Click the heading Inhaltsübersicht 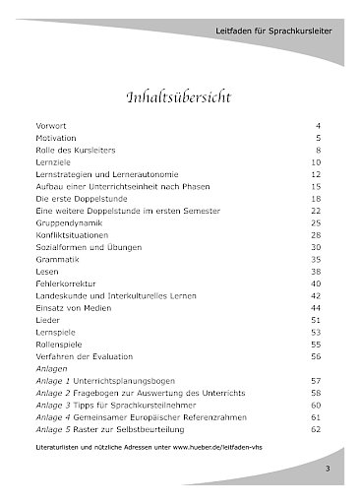pos(179,98)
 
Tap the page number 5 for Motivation pos(318,141)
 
